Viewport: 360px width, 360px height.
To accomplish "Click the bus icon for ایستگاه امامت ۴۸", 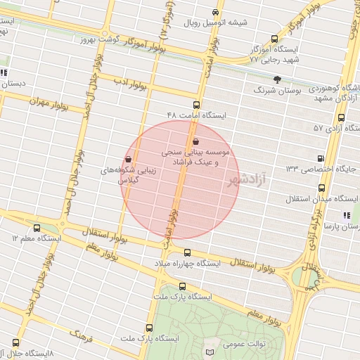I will (196, 105).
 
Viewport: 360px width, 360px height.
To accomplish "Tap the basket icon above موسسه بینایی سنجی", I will (195, 141).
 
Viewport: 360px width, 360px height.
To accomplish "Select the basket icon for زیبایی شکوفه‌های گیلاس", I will (129, 159).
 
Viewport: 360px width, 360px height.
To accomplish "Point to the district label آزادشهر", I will (248, 181).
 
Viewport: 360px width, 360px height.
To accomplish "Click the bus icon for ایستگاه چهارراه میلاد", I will (187, 252).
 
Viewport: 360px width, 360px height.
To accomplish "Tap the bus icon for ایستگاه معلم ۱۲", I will (37, 228).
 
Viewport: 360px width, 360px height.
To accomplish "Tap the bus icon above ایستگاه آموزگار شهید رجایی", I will (274, 39).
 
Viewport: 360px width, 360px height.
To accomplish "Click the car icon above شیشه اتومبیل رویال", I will (215, 12).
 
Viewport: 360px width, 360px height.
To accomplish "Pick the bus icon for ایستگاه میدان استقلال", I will (322, 188).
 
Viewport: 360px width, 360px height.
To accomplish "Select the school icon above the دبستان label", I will (4, 72).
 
